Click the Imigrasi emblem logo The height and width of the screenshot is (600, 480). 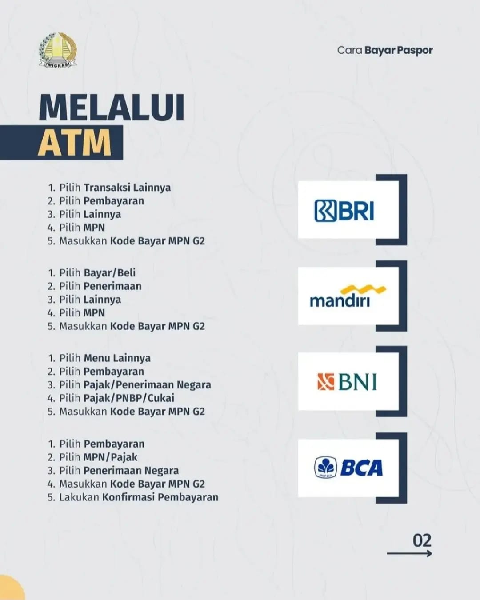58,50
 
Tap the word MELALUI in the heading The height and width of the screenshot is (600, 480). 112,108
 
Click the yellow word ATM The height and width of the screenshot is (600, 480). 75,143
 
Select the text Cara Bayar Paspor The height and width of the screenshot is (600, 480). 385,51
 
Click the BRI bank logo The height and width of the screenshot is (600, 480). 344,211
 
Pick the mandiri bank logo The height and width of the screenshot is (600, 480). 348,296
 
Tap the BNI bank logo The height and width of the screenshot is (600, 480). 347,381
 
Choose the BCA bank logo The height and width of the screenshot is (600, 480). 348,468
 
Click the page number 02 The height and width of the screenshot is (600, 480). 422,540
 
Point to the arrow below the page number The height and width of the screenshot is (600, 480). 409,553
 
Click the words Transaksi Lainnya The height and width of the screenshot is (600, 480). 127,188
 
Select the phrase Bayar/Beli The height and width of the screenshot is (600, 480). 110,273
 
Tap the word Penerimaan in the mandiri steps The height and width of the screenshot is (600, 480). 113,286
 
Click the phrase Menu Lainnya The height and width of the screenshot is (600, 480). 117,358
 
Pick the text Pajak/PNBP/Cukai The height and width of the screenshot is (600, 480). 129,398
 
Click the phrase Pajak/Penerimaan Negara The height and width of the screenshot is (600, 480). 147,385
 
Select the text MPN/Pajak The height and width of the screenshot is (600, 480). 111,457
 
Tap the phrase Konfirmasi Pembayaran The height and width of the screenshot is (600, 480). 160,497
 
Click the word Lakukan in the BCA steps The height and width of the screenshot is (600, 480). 79,497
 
